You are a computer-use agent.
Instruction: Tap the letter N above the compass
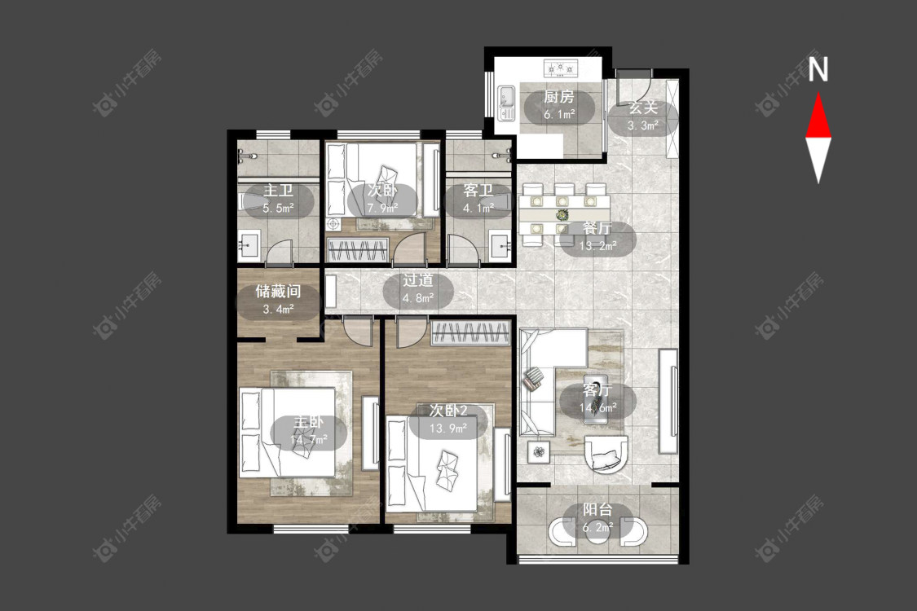pyautogui.click(x=818, y=69)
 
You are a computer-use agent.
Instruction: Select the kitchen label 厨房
pyautogui.click(x=558, y=97)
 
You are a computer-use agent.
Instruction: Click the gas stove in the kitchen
pyautogui.click(x=560, y=68)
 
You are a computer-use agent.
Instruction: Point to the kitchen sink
pyautogui.click(x=506, y=103)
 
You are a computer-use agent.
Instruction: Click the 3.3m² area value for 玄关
pyautogui.click(x=643, y=125)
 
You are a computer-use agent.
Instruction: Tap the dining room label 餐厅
pyautogui.click(x=597, y=228)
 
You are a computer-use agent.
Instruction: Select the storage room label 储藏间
pyautogui.click(x=278, y=291)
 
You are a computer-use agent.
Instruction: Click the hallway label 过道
pyautogui.click(x=417, y=280)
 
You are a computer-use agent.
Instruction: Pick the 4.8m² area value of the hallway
pyautogui.click(x=417, y=298)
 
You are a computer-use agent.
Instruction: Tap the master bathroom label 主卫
pyautogui.click(x=278, y=190)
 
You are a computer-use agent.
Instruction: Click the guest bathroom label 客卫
pyautogui.click(x=478, y=190)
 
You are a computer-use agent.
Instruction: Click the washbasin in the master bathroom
pyautogui.click(x=249, y=246)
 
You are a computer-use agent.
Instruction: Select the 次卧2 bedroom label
pyautogui.click(x=448, y=411)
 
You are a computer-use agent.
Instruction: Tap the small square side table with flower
pyautogui.click(x=539, y=451)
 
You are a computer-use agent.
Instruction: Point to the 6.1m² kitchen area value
pyautogui.click(x=559, y=115)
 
